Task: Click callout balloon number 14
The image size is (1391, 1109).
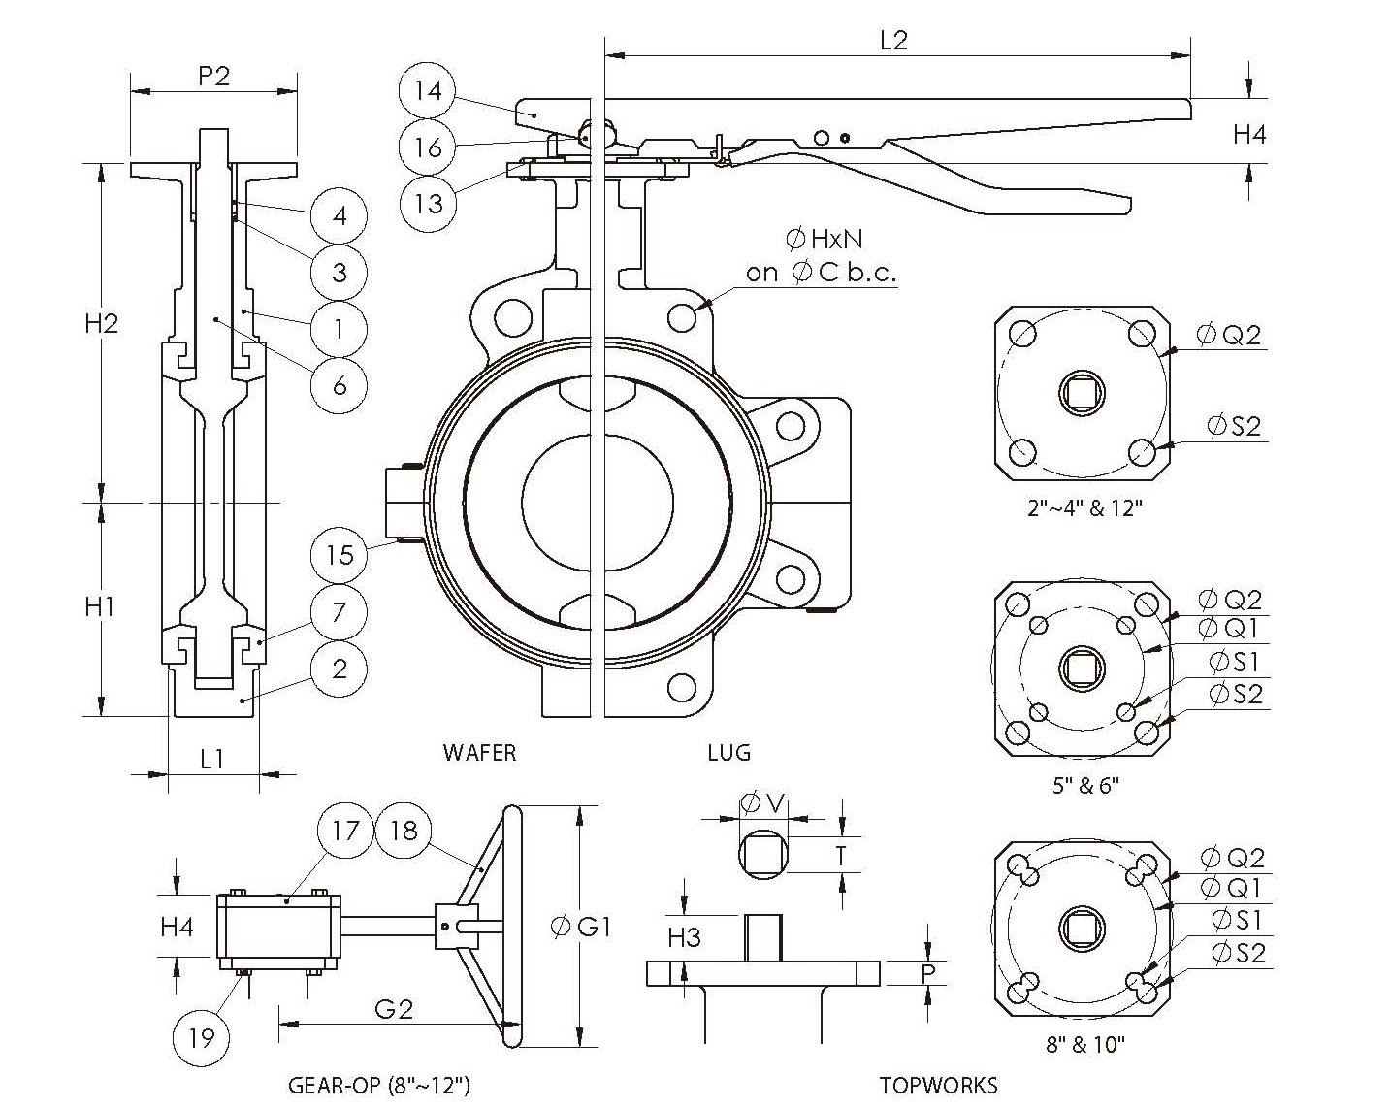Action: [x=427, y=90]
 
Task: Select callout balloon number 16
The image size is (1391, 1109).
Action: [x=427, y=147]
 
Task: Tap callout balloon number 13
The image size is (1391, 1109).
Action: [x=427, y=203]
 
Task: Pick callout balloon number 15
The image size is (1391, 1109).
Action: [x=340, y=555]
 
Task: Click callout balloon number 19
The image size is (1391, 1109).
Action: [x=201, y=1038]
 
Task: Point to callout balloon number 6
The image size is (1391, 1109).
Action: [x=340, y=385]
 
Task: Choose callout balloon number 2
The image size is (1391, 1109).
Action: [x=340, y=669]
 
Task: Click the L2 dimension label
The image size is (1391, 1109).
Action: [x=892, y=40]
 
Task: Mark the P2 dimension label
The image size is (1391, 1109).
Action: [x=213, y=76]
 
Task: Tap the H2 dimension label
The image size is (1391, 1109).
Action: [x=100, y=323]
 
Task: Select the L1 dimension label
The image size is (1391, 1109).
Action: [x=211, y=759]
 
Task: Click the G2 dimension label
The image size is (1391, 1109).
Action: [x=393, y=1009]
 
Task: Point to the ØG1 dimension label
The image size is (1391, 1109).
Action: [x=580, y=927]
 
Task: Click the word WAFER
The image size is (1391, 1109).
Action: [x=479, y=752]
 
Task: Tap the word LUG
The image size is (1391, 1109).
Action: [x=728, y=752]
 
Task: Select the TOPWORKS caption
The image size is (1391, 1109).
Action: [x=938, y=1085]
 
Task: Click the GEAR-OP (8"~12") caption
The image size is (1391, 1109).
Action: [x=379, y=1085]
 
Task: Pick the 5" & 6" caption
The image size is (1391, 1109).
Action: [x=1085, y=785]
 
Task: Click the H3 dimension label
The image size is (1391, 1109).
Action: [x=684, y=937]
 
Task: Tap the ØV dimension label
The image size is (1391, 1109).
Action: [x=762, y=802]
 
